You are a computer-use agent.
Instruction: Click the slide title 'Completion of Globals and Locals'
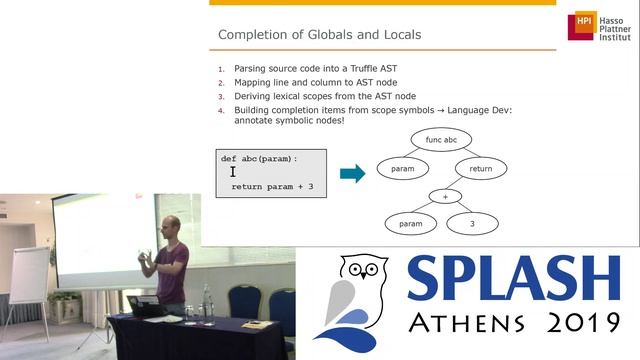319,36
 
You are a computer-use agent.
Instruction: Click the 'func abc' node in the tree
440,140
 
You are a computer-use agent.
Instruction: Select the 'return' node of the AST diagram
480,169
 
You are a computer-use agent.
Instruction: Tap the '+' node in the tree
445,197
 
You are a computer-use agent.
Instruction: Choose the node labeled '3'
472,224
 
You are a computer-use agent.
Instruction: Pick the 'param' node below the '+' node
411,224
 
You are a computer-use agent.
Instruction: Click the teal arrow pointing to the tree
352,173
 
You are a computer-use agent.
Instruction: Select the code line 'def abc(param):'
260,159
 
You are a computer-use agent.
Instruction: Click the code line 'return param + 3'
272,186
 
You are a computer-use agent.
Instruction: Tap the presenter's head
170,228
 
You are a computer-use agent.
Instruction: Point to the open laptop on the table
145,305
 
